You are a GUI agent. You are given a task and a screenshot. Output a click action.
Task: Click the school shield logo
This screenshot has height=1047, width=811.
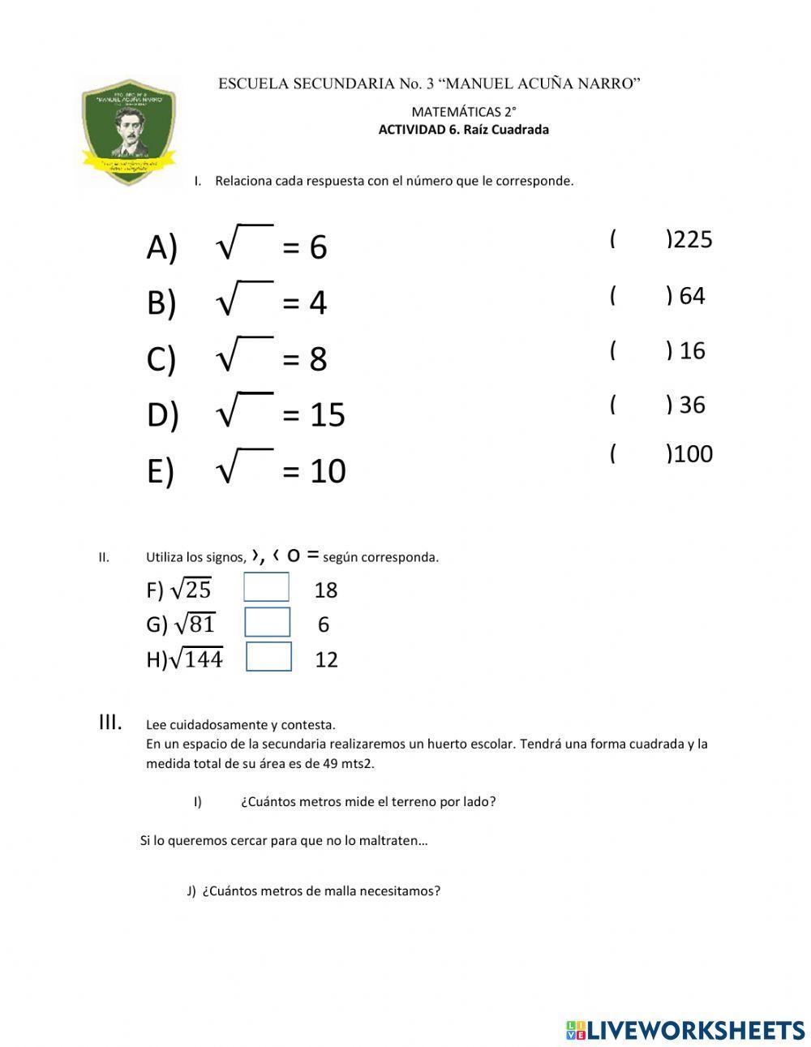[128, 132]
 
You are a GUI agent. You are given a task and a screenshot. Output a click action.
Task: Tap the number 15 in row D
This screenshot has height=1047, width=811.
[328, 414]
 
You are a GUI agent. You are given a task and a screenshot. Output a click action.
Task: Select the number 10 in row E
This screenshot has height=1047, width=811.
[328, 471]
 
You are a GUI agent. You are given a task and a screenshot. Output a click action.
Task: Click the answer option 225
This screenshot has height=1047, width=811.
[693, 240]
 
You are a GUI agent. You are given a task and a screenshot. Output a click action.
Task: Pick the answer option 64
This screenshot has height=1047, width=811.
[692, 296]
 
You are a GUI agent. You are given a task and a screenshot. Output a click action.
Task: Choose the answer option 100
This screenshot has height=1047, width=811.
[693, 453]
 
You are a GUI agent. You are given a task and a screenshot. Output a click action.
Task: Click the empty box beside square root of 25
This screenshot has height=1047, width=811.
[266, 587]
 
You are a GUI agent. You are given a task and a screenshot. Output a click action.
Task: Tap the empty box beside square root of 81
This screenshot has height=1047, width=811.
[267, 622]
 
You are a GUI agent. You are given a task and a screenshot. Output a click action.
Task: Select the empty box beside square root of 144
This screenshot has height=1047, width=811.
[268, 657]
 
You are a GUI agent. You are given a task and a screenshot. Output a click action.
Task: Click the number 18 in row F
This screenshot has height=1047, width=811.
[325, 590]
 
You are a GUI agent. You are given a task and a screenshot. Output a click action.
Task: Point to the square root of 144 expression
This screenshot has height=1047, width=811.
[195, 659]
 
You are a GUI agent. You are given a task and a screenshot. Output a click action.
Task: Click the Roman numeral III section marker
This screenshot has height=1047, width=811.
[110, 722]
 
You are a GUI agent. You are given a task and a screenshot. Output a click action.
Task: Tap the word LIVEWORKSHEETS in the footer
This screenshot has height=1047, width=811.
[696, 1030]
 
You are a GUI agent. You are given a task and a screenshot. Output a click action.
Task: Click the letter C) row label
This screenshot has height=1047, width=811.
[161, 358]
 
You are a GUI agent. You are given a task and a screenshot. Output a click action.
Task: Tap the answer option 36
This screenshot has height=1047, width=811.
[692, 405]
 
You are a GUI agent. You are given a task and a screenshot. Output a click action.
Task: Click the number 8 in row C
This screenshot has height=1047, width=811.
[318, 358]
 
